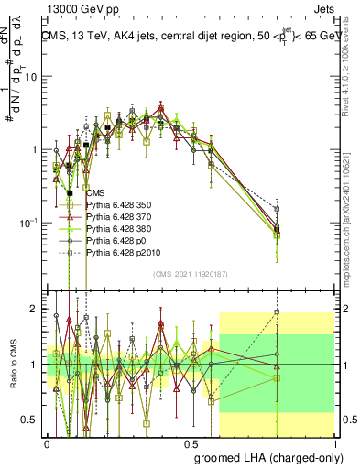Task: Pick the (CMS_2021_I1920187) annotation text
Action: coord(191,273)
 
